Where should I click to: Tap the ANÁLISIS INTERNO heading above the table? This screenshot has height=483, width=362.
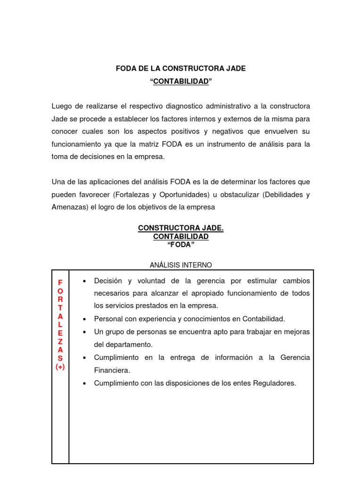coord(181,265)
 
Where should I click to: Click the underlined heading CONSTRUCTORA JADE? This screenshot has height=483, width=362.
coord(181,228)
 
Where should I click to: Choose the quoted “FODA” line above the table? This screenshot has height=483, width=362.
coord(181,244)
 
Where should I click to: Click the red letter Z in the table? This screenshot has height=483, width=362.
coord(60,341)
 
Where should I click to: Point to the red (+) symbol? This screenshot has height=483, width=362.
coord(60,366)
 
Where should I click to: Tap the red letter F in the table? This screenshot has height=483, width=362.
coord(60,282)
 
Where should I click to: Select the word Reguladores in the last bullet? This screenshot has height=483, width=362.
coord(276,383)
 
